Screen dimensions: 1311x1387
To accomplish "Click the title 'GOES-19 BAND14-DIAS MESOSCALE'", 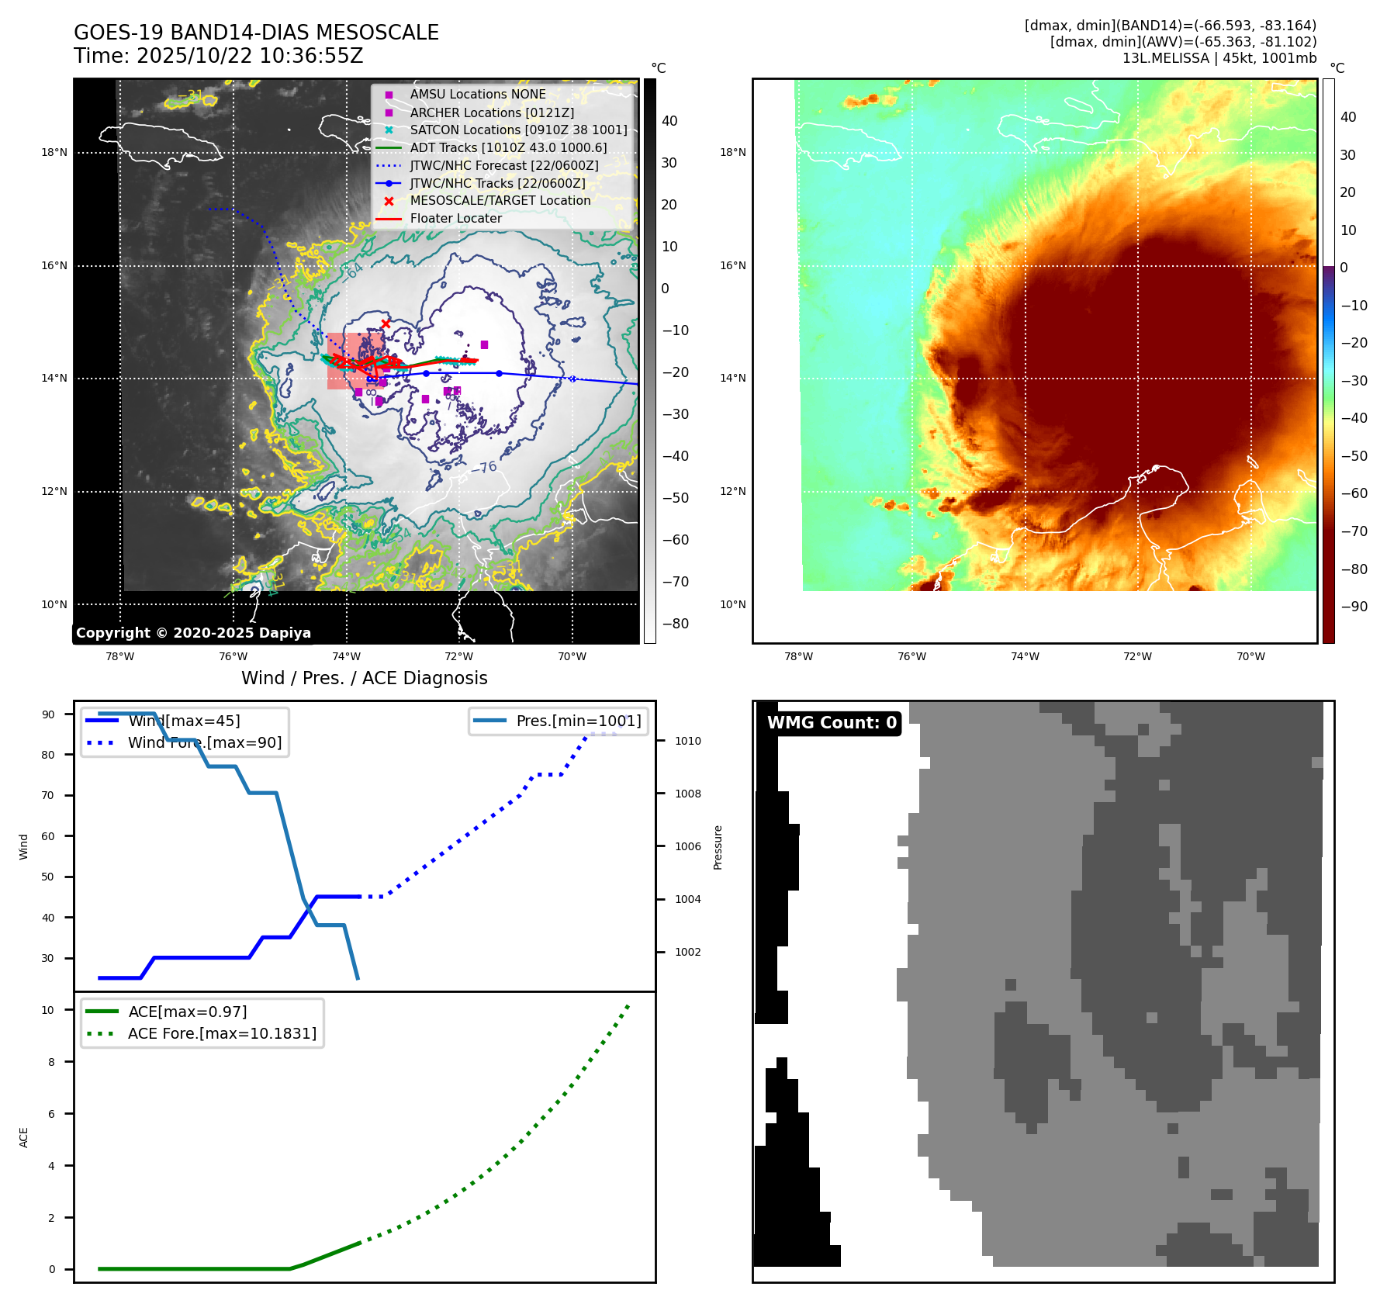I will [x=256, y=33].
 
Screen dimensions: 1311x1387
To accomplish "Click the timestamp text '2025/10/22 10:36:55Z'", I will [x=250, y=56].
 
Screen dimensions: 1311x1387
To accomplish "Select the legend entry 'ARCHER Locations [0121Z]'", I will [x=492, y=112].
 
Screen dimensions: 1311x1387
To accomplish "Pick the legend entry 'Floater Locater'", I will [x=455, y=219].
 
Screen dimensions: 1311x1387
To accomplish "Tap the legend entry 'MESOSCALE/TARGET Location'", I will [x=500, y=201].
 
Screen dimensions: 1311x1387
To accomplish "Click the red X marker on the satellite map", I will [x=386, y=323].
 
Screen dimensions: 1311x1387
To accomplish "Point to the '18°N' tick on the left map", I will [x=54, y=153].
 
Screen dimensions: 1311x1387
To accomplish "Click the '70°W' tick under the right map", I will [x=1250, y=656].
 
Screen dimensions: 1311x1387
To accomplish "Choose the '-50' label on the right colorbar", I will [x=1354, y=456].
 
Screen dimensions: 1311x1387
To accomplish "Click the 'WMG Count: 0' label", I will [x=832, y=723].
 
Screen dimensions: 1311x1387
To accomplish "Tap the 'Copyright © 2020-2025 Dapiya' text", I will [x=193, y=633].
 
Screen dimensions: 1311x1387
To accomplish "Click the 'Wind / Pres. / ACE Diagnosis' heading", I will [x=365, y=678].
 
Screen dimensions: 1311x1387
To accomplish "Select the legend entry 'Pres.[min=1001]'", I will [x=579, y=721].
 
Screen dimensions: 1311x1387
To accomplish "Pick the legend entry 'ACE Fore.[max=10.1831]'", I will [x=222, y=1033].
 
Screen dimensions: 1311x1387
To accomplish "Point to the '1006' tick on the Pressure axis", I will [x=687, y=846].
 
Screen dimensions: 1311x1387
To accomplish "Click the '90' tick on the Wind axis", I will [x=48, y=714].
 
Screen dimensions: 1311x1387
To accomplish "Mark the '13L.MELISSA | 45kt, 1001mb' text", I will [x=1219, y=58].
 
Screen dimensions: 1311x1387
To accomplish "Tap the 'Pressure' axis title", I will [x=718, y=847].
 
